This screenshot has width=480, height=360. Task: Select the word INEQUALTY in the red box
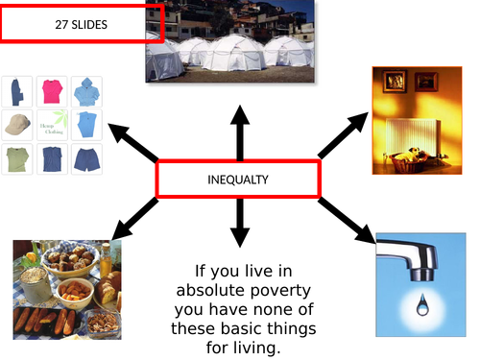(237, 180)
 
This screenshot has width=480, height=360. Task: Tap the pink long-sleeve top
(52, 92)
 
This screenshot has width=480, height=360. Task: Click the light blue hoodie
(86, 92)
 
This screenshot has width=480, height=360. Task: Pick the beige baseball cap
(17, 126)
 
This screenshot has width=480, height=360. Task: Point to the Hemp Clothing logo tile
(52, 126)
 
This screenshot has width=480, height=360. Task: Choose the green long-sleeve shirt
(17, 159)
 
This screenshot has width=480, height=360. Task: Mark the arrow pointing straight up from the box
(239, 131)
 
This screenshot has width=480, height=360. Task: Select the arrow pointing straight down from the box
(239, 227)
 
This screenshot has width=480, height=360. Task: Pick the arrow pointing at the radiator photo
(344, 133)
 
